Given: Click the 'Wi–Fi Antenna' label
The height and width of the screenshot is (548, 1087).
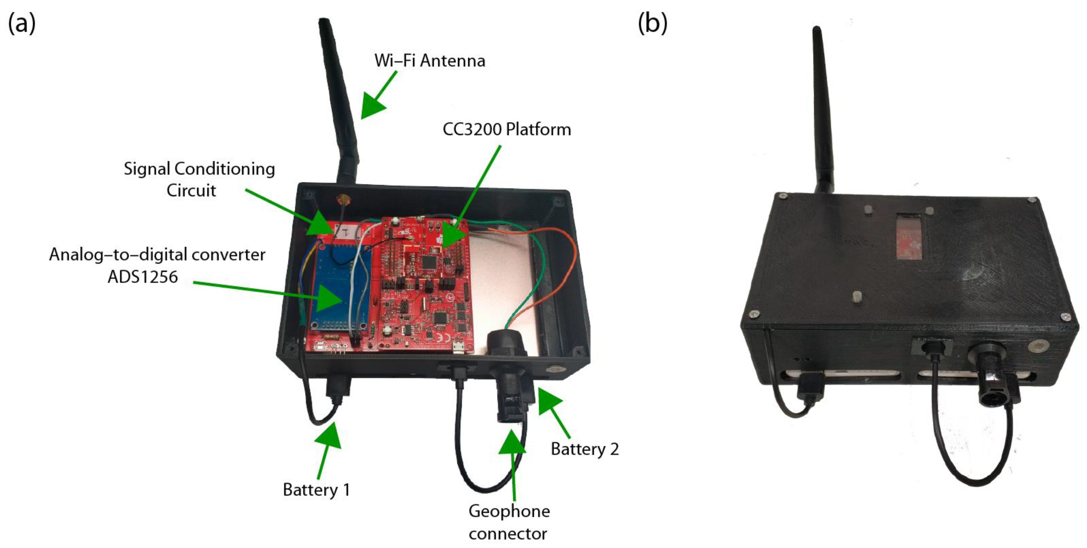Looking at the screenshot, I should (430, 61).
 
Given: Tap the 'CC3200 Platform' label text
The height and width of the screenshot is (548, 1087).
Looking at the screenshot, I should (506, 129).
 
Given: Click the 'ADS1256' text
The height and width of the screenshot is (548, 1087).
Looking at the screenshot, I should (143, 277).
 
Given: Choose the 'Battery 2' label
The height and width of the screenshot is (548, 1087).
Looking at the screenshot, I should (585, 449).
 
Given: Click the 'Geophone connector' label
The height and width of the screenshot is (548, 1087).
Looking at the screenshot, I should (509, 522).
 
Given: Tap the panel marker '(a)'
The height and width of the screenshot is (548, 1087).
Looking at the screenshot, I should (22, 23).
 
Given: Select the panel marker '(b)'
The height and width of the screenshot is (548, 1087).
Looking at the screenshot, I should (652, 23).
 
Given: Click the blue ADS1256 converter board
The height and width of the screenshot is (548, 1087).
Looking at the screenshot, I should (337, 287).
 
